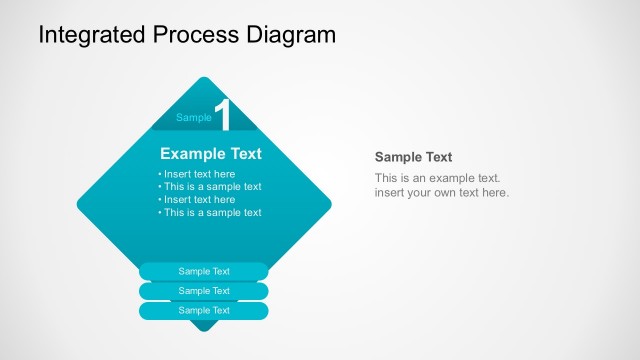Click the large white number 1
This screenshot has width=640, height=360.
[x=223, y=116]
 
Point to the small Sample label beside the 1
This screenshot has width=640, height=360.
[x=194, y=118]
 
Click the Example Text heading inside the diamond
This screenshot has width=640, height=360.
[x=211, y=154]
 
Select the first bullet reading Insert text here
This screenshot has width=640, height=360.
[x=199, y=174]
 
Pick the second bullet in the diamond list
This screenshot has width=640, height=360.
[x=211, y=187]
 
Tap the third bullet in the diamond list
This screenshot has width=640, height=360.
[x=199, y=199]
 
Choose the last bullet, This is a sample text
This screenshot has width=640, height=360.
[x=211, y=212]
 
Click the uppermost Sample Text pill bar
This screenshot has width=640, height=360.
[x=204, y=271]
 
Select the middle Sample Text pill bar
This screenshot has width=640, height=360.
[x=204, y=291]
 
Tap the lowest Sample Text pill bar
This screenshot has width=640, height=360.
[x=204, y=311]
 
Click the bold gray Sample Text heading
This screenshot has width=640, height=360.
[x=413, y=157]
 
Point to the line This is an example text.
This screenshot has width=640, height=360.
[x=437, y=178]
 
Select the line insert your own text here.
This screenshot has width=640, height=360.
[x=441, y=192]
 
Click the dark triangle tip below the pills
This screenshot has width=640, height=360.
[x=204, y=326]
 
